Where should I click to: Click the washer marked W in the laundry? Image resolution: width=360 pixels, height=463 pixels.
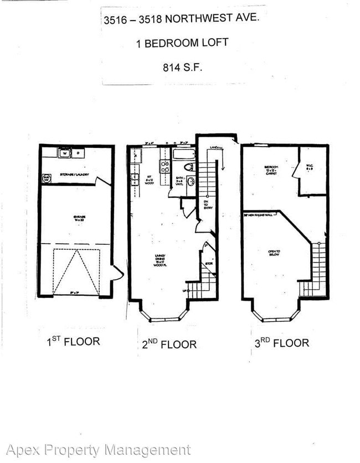[64, 153]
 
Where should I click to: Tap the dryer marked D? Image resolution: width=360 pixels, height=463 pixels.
[78, 153]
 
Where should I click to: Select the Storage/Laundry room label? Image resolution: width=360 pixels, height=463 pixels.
[75, 173]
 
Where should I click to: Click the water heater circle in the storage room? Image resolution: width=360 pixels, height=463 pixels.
[47, 178]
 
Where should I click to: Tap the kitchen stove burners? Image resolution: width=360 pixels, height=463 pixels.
[164, 166]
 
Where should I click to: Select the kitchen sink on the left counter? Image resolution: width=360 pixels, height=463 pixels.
[135, 179]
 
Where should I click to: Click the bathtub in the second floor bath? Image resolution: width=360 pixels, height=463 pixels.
[183, 155]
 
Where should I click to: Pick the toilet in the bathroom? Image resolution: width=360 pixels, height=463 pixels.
[188, 166]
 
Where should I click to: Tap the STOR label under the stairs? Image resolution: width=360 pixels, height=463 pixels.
[208, 264]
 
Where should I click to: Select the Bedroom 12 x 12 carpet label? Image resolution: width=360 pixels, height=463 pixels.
[271, 169]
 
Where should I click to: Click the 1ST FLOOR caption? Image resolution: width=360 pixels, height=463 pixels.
[73, 341]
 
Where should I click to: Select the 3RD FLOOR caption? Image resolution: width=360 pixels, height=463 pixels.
[281, 343]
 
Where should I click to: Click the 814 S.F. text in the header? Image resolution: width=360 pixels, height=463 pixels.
[181, 68]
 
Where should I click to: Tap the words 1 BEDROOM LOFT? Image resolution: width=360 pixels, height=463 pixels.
[182, 43]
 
